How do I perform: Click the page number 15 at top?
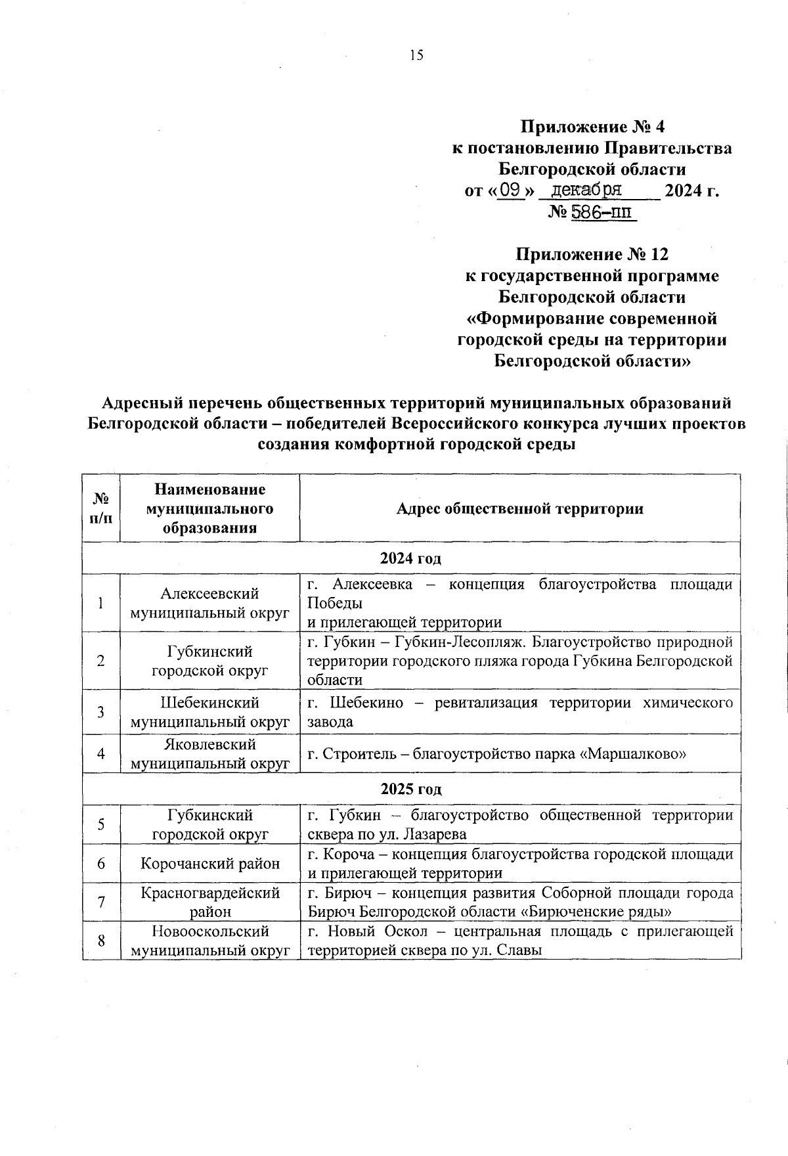[x=416, y=55]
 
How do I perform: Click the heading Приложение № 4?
[x=592, y=125]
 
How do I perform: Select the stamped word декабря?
[x=586, y=190]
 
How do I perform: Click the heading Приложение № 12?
[x=592, y=254]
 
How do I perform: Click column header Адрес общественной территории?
[x=519, y=509]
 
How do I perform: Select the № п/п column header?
[x=101, y=509]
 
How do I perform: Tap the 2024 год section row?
[x=411, y=559]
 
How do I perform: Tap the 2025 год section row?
[x=411, y=789]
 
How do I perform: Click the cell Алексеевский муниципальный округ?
[x=210, y=603]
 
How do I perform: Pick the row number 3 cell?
[x=101, y=712]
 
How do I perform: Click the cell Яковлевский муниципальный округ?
[x=210, y=754]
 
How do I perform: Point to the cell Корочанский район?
[x=210, y=863]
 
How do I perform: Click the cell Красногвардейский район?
[x=210, y=902]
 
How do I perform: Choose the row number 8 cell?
[x=101, y=941]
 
